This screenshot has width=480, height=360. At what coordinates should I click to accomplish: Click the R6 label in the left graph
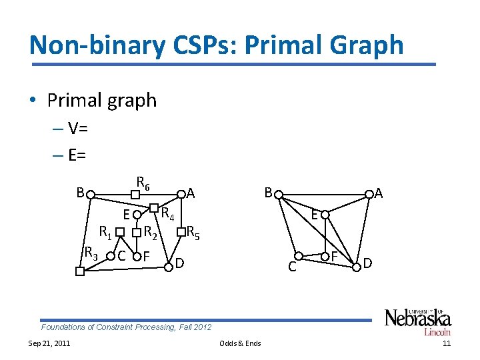coord(143,181)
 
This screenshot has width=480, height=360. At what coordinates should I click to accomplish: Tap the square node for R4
coord(153,207)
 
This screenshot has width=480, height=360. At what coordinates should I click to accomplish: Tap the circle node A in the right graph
coord(368,196)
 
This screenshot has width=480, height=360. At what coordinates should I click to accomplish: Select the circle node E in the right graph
coord(322,215)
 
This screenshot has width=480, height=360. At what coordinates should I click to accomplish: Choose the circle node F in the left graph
coord(136,256)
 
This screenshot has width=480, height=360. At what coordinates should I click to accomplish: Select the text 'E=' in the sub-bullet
coord(77,155)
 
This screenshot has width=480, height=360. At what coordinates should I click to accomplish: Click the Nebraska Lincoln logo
coord(417,321)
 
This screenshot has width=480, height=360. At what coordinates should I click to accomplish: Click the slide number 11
coord(447,343)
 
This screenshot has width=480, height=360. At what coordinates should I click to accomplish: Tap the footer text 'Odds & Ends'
coord(240,343)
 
